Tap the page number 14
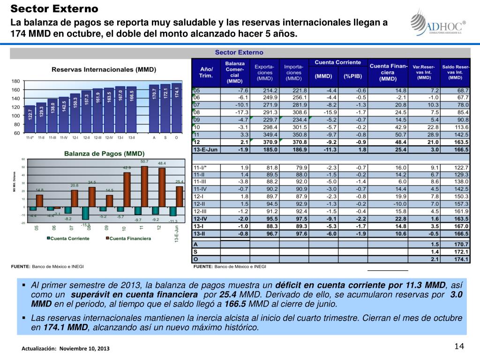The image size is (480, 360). pos(459,346)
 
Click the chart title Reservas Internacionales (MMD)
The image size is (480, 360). pos(104,69)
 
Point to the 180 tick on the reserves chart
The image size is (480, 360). pos(15,81)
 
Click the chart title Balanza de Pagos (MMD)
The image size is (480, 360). pos(105,153)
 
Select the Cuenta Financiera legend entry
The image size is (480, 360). pos(127,239)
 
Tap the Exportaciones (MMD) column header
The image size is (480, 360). pos(264,72)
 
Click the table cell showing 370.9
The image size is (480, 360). pos(264,142)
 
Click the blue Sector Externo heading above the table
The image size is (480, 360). pos(239,52)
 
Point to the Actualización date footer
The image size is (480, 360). pos(67,349)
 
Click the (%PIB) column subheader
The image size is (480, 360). pos(353,76)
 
